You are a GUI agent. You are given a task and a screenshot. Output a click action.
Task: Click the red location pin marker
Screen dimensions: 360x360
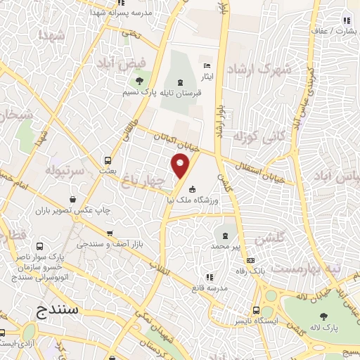(181, 166)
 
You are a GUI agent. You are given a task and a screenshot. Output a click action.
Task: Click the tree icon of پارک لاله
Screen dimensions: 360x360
(323, 316)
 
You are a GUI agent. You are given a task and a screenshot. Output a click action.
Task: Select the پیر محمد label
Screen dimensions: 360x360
(226, 247)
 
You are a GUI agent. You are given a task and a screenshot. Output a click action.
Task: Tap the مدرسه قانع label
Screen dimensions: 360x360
(210, 288)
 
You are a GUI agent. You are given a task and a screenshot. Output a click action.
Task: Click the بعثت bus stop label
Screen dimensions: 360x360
(107, 171)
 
